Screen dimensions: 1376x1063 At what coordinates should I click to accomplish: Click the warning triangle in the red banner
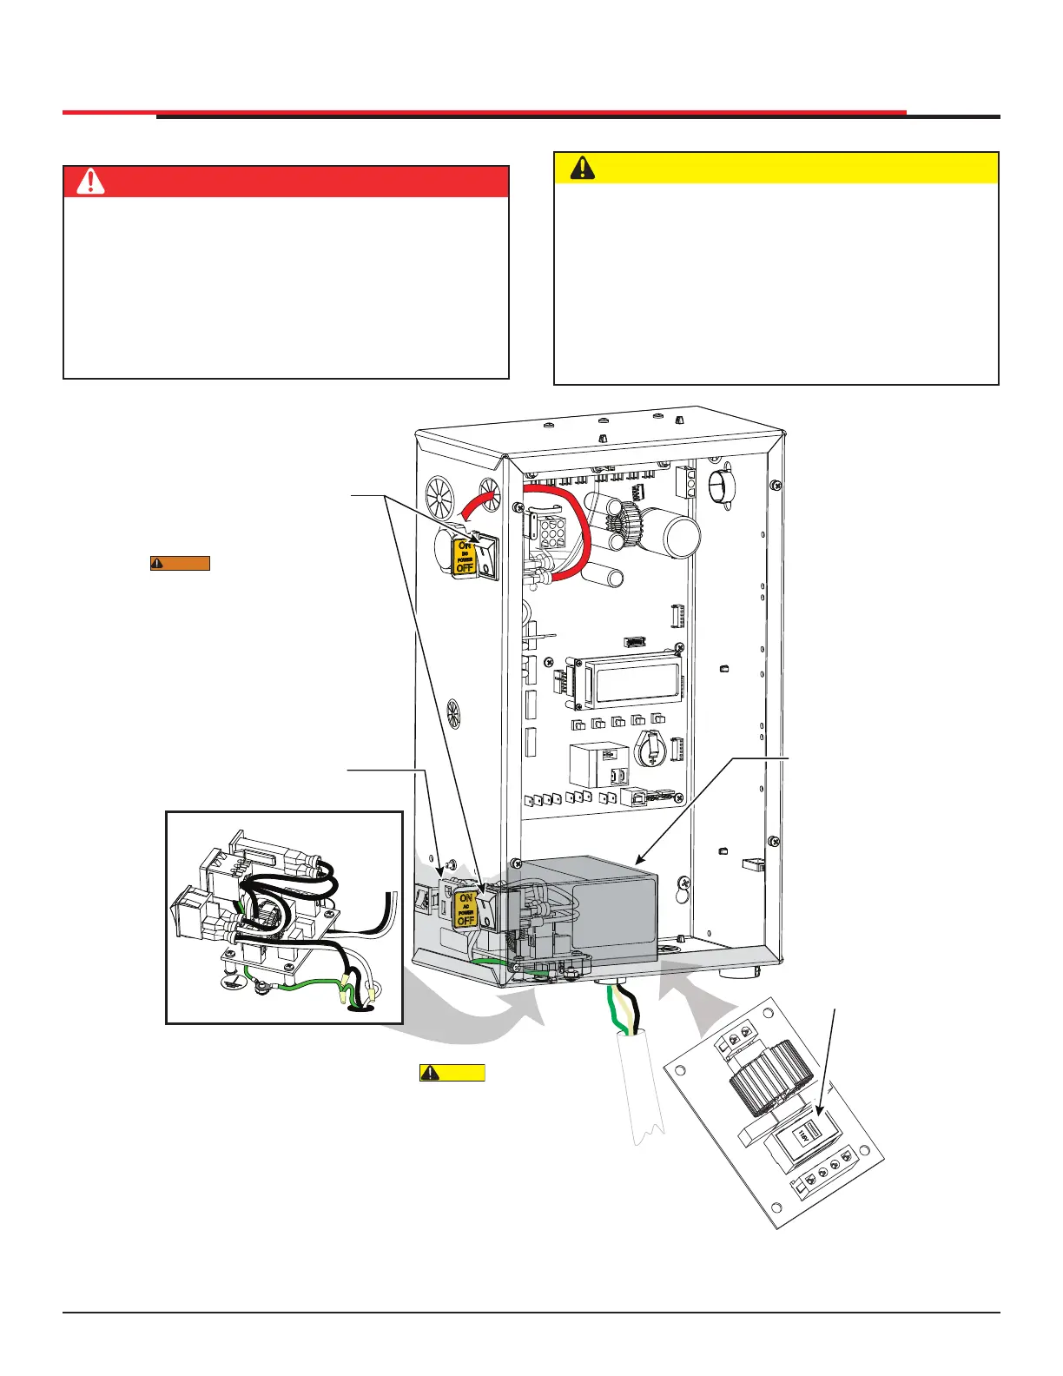tap(90, 182)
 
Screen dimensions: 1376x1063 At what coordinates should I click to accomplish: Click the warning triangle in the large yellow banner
tap(582, 168)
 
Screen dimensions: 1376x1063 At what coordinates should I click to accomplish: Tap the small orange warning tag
tap(180, 563)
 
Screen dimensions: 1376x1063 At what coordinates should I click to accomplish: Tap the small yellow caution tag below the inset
tap(452, 1072)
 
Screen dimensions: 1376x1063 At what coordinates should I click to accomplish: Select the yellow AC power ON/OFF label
tap(466, 909)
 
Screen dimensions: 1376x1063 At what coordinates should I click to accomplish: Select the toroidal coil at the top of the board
tap(626, 524)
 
